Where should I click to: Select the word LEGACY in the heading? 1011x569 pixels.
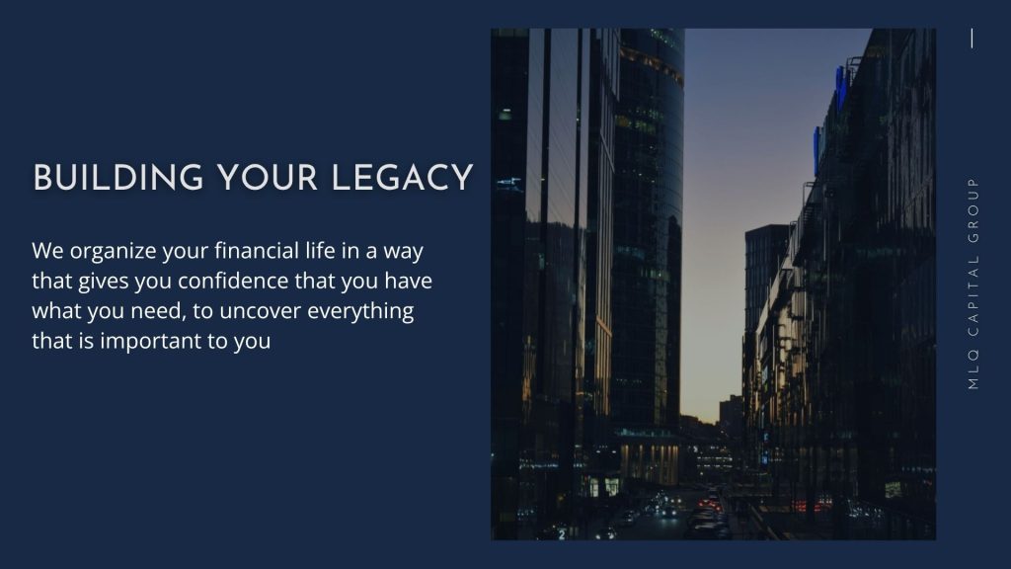click(x=403, y=178)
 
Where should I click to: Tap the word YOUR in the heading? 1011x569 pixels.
click(x=268, y=178)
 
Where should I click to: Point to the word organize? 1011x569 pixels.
click(x=113, y=252)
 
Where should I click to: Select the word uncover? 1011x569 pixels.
click(x=261, y=311)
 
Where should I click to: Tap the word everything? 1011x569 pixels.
click(x=360, y=312)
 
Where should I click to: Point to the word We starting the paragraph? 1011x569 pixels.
click(x=47, y=250)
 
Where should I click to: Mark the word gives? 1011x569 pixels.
click(x=103, y=282)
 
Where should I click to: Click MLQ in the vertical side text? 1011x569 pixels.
click(x=973, y=370)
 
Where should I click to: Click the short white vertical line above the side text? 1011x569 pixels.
click(x=972, y=39)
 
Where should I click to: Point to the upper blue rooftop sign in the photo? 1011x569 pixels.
click(x=841, y=88)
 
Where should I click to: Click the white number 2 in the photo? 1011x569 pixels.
click(x=562, y=534)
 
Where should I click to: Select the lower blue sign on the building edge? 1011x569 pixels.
click(x=817, y=150)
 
